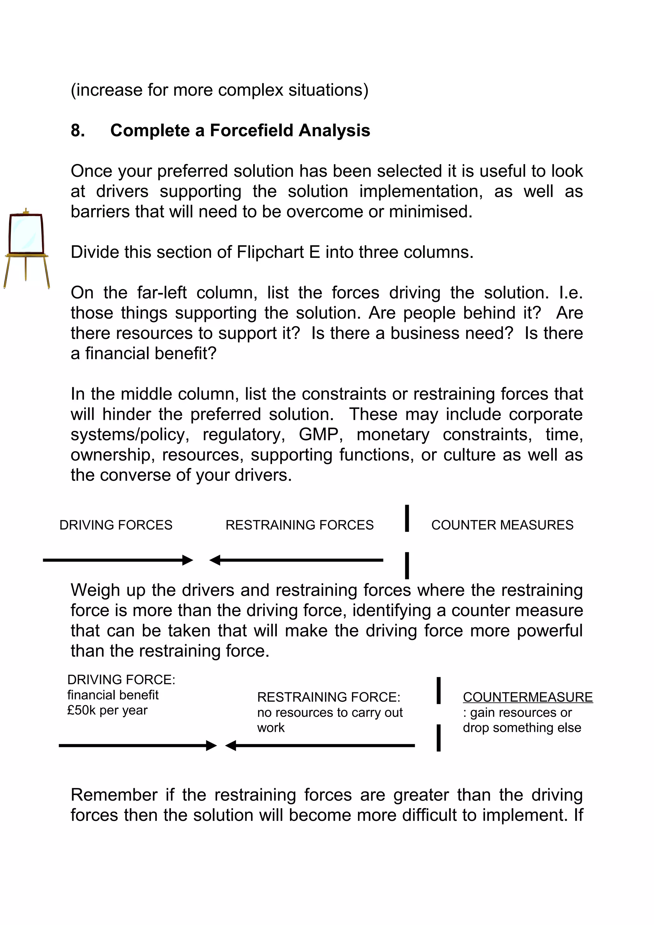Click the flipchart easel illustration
tap(27, 248)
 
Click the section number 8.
tap(78, 131)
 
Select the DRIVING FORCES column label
tap(116, 525)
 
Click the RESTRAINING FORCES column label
tap(300, 525)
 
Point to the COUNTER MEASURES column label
tap(502, 525)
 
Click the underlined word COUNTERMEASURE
tap(528, 697)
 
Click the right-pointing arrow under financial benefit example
tap(137, 745)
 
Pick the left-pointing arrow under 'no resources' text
tap(320, 745)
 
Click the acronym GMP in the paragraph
tap(321, 435)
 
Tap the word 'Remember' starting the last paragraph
tap(114, 795)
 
